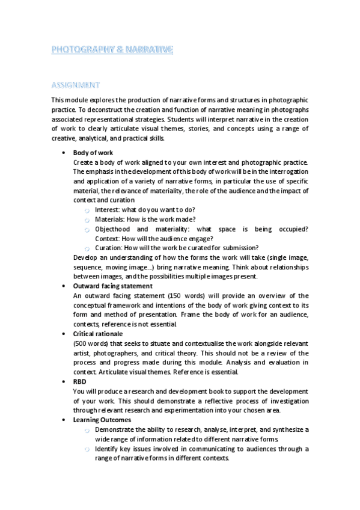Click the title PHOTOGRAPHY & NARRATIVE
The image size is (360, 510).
tap(112, 51)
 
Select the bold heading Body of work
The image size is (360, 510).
tap(93, 153)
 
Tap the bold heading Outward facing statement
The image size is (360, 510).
tap(112, 286)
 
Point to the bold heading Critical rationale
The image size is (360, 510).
tap(97, 334)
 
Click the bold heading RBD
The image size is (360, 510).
tap(80, 381)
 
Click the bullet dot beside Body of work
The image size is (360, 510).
tap(64, 153)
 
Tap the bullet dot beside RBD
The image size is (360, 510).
tap(64, 381)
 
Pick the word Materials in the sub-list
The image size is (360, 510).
tap(110, 220)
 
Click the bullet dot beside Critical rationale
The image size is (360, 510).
tap(64, 334)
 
